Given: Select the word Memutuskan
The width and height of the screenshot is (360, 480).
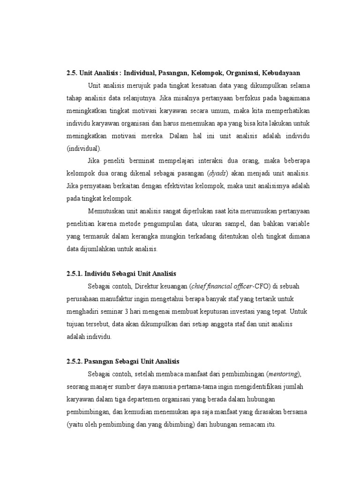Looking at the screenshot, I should click(108, 211).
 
